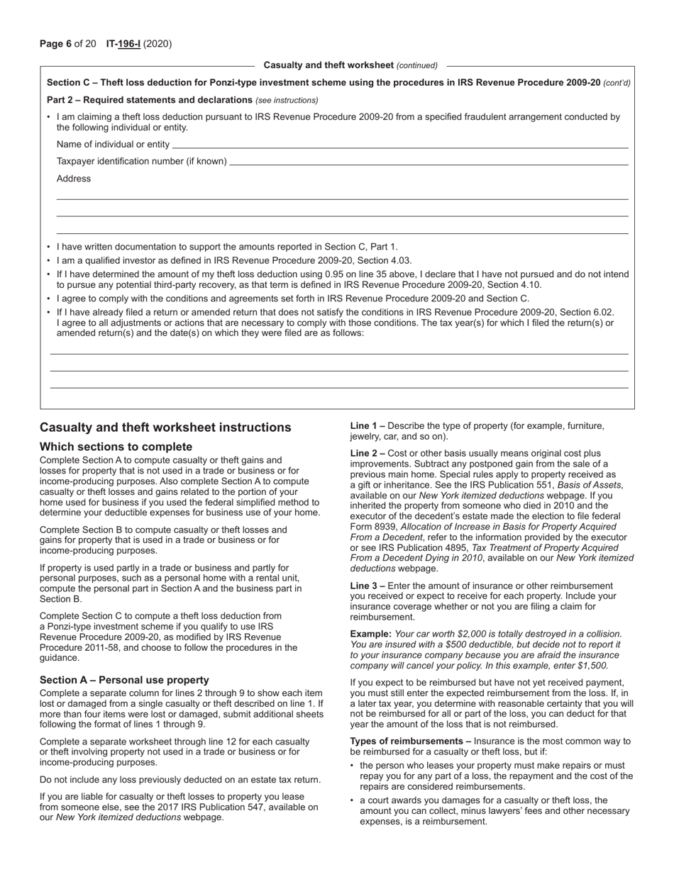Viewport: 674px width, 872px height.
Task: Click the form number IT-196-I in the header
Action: pos(123,44)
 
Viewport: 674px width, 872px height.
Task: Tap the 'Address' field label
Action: pos(74,179)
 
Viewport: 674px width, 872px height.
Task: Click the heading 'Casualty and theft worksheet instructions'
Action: pos(165,427)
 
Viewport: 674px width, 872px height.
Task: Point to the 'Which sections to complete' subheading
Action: pos(116,447)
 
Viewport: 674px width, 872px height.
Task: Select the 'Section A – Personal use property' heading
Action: pos(124,680)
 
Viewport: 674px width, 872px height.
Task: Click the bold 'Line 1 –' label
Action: pos(368,426)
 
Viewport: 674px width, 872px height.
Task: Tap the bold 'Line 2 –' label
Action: pos(368,453)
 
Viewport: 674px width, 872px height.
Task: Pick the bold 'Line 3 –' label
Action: pos(368,586)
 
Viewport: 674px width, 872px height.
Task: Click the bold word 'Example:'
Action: pos(370,634)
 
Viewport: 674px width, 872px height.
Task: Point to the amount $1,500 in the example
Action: pos(592,666)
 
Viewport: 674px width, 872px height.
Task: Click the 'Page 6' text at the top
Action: pos(56,44)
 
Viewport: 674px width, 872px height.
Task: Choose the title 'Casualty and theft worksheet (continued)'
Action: pos(350,65)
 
